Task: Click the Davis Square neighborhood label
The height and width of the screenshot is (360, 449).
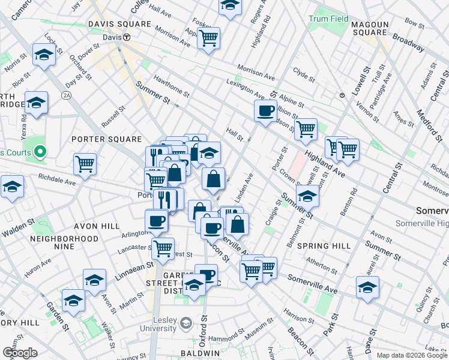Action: [119, 24]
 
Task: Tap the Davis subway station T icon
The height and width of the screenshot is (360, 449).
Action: [127, 37]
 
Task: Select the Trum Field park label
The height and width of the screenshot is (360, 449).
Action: [328, 19]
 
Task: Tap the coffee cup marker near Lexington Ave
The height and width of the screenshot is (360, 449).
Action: [265, 110]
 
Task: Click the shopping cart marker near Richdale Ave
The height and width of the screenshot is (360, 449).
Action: [85, 163]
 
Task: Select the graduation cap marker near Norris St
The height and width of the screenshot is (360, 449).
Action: [44, 55]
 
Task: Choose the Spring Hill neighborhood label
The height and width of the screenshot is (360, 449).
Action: [324, 246]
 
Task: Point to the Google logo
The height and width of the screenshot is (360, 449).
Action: [20, 353]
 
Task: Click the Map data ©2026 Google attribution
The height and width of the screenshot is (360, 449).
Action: [412, 355]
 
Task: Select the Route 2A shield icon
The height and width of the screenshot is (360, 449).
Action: [66, 95]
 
